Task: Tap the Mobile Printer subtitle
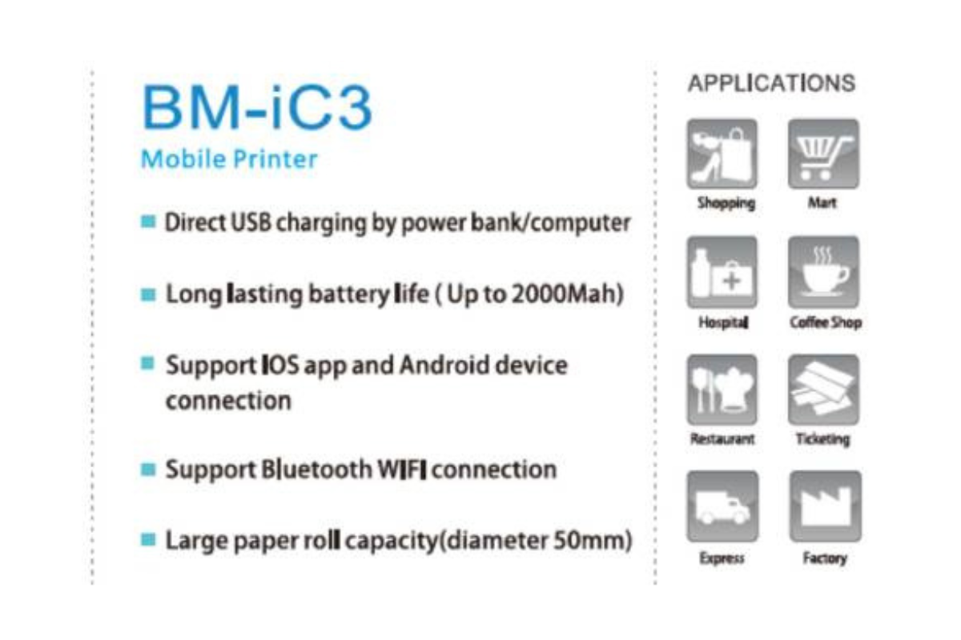[x=229, y=158]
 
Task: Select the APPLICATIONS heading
[x=771, y=83]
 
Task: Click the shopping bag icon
[x=722, y=154]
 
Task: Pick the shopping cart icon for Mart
[x=823, y=154]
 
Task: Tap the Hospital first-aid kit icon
[x=722, y=272]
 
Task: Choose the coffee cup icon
[x=823, y=272]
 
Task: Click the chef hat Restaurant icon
[x=722, y=390]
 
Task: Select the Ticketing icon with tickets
[x=823, y=390]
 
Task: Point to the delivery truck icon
[x=722, y=507]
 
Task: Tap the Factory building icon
[x=825, y=507]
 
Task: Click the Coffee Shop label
[x=825, y=322]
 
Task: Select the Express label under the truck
[x=722, y=558]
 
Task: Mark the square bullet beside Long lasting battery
[x=147, y=295]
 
